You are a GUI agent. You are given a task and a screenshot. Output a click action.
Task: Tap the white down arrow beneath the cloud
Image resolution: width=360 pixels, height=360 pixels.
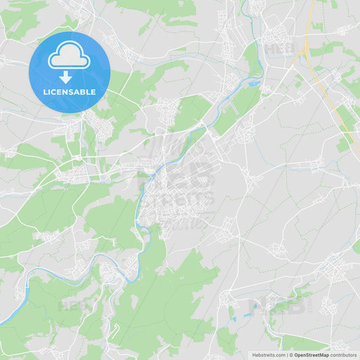70,78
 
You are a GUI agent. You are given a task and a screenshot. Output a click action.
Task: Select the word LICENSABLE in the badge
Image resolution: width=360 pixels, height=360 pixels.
70,92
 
